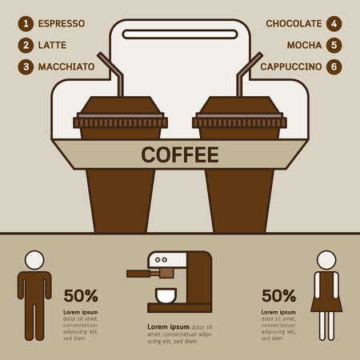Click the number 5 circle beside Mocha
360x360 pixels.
[334, 45]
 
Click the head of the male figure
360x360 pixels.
[34, 260]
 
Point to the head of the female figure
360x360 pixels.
[326, 260]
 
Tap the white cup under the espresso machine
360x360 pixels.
[166, 297]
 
